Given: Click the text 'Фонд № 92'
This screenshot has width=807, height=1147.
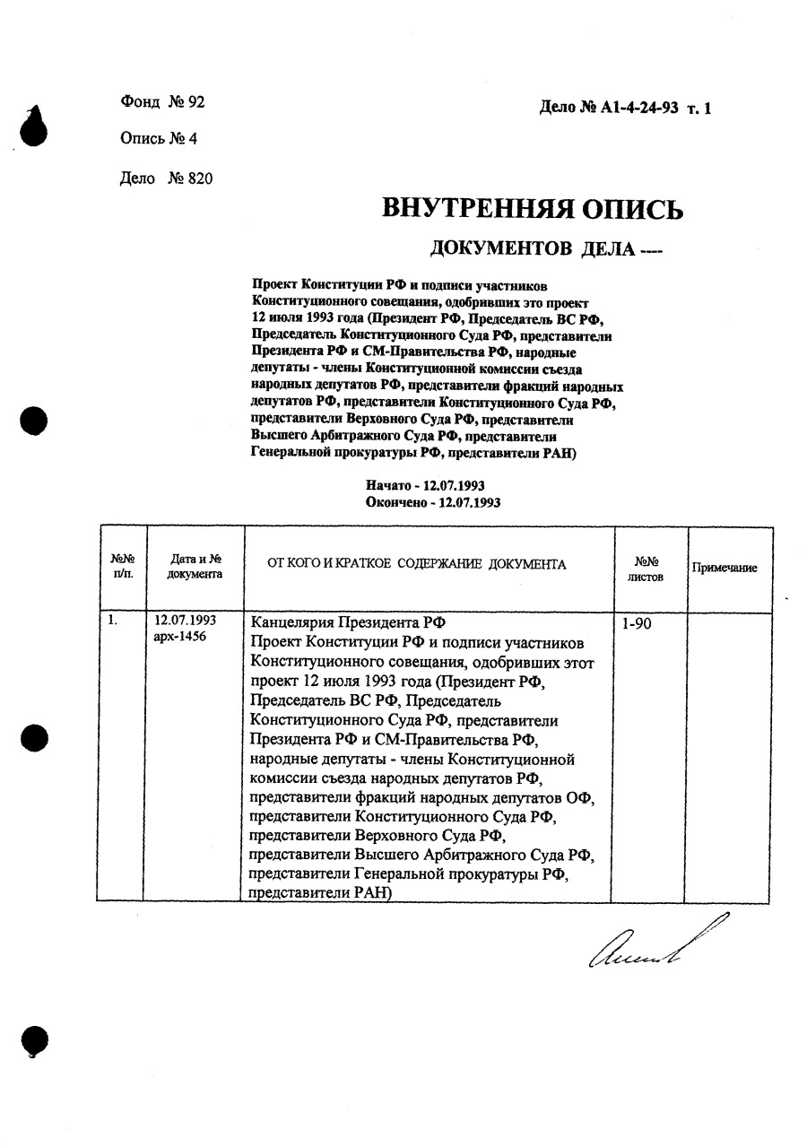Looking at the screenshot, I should [162, 102].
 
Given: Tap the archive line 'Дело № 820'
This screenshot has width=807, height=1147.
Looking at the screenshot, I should [166, 178].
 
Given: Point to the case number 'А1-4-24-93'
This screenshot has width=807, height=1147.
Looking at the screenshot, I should [638, 109].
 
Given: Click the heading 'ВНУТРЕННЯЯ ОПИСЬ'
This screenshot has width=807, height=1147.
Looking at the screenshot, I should [533, 209].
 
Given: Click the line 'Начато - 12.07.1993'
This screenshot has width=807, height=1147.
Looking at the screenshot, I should [426, 485].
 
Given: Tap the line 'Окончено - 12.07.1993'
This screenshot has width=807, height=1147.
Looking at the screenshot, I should [433, 503].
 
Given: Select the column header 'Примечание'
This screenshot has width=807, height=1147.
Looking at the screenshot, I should [724, 568].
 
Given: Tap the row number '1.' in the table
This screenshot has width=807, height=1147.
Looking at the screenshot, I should [113, 620].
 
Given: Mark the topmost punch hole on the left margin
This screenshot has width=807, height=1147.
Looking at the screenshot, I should [33, 126].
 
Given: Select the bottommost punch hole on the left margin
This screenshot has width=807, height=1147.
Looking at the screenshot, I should [34, 1040].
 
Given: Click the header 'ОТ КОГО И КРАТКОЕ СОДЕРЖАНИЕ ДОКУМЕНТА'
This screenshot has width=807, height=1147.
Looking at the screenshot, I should [417, 564].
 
